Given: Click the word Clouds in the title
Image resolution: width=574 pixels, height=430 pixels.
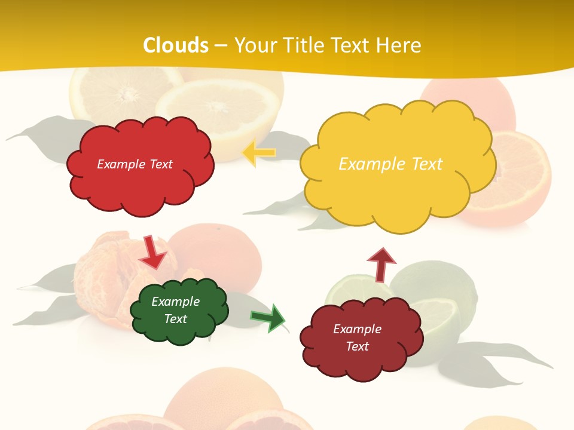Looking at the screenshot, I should click(x=176, y=45).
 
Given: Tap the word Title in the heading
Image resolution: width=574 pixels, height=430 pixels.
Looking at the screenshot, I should click(x=303, y=45).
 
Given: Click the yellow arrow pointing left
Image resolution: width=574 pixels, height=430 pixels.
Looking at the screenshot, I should click(x=259, y=153).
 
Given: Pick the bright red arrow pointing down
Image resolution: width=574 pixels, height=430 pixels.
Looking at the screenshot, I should click(x=152, y=252).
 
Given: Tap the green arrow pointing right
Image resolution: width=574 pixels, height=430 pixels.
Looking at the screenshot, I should click(x=268, y=317).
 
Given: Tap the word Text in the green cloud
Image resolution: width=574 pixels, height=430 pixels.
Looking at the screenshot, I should click(x=176, y=319).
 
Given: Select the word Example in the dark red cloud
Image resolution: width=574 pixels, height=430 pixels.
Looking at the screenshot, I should click(x=357, y=329).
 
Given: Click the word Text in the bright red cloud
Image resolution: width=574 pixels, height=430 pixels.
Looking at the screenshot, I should click(x=160, y=164).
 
